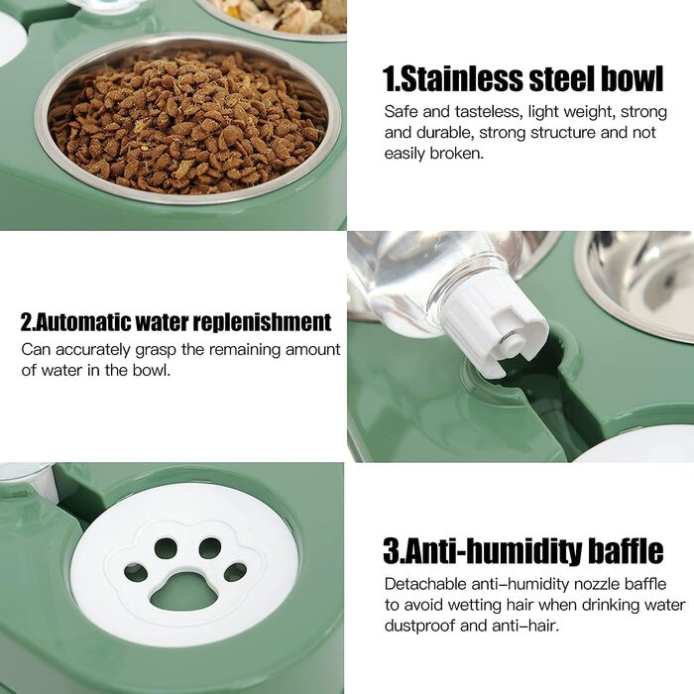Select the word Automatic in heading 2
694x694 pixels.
[82, 322]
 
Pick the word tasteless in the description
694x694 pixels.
[488, 112]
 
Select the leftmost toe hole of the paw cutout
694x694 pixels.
[136, 573]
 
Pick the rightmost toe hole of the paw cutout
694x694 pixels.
[236, 572]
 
